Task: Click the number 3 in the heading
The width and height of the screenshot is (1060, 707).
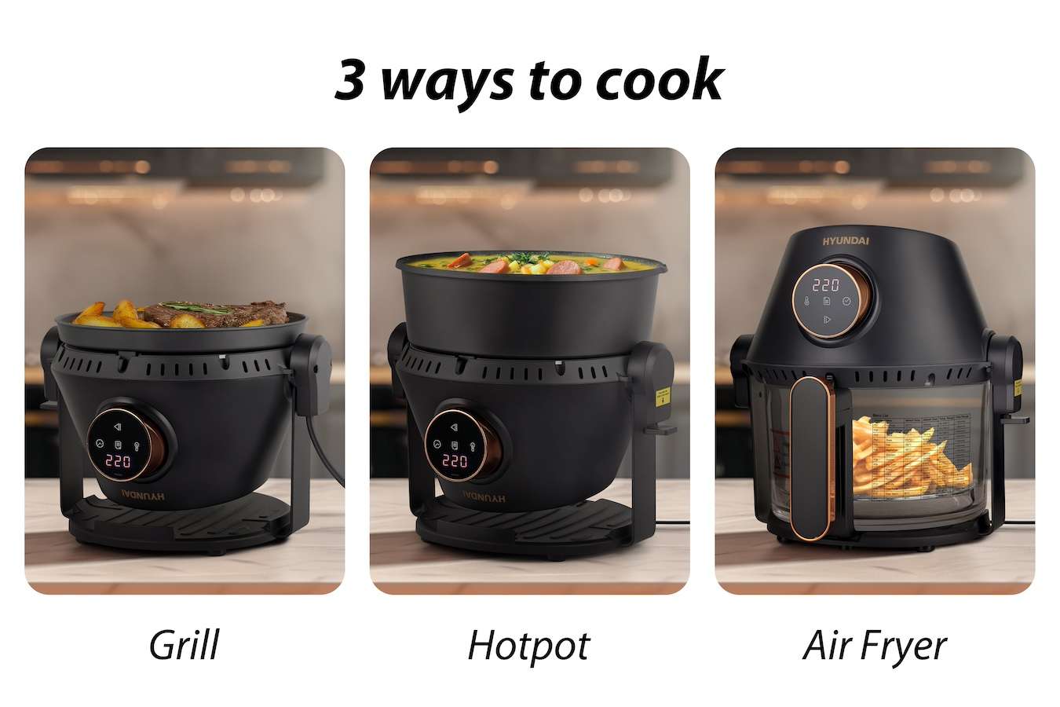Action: click(350, 80)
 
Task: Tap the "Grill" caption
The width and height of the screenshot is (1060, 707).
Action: click(184, 646)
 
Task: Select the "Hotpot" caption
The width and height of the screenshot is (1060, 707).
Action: click(528, 646)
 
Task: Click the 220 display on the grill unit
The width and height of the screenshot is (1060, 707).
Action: click(118, 460)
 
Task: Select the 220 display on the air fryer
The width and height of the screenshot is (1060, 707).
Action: click(825, 285)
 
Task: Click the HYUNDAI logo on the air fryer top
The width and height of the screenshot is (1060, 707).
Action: click(846, 240)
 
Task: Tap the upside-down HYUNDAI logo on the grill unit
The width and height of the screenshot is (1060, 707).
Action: click(144, 496)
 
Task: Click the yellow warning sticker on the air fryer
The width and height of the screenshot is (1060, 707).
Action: click(1018, 386)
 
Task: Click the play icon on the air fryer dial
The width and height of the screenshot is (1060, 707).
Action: click(825, 319)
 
